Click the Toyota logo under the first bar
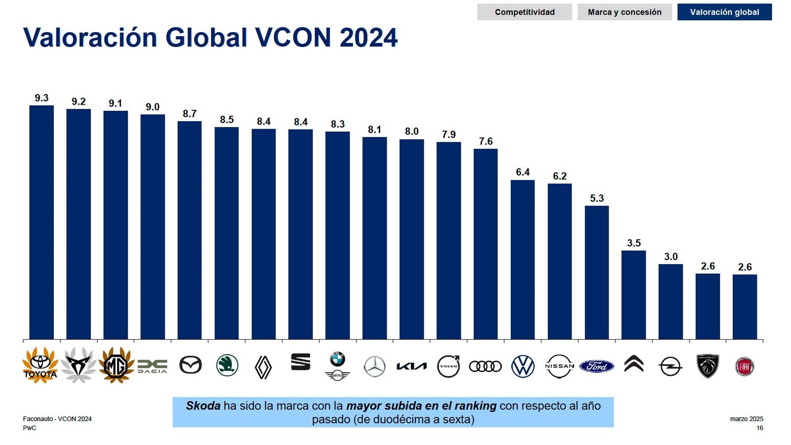coord(40,365)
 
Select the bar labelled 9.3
coord(42,222)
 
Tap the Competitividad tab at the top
coord(525,12)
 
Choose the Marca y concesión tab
coord(624,12)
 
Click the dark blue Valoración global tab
coord(724,12)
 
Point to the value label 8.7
coord(189,114)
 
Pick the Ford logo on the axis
coord(597,366)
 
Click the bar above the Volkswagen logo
coord(523,260)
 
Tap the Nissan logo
coord(560,366)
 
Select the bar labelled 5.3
coord(597,272)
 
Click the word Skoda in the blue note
coord(203,406)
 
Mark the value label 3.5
coord(634,243)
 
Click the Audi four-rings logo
coord(485,366)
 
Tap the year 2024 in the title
coord(368,38)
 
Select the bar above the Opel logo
coord(670,302)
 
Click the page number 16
coord(760,428)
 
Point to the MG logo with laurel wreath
coord(116,366)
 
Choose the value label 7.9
coord(448,134)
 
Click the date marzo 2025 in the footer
coord(747,419)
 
